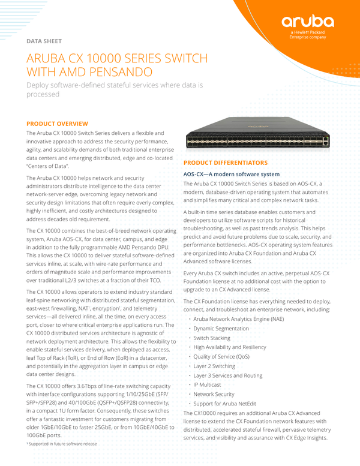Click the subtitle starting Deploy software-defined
(117, 89)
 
